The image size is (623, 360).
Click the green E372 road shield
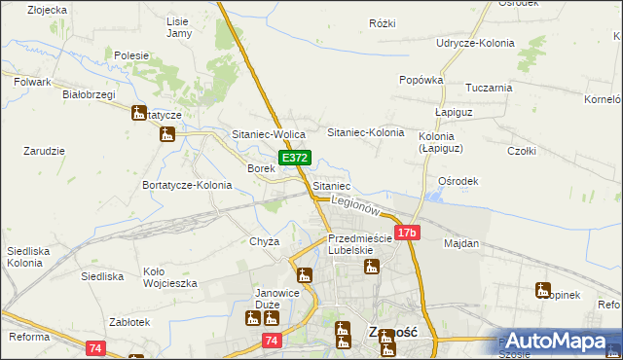coord(295,158)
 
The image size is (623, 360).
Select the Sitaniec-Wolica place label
coord(269,133)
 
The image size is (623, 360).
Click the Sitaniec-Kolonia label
coord(365,132)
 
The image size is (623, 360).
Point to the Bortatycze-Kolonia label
coord(187,185)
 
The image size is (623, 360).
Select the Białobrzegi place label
coord(89,94)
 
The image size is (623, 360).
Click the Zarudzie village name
coord(44,152)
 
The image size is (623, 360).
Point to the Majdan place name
coord(461,243)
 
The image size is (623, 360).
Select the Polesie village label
coord(130,56)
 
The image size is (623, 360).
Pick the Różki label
coord(383,23)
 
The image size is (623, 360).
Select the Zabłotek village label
coord(128,322)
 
